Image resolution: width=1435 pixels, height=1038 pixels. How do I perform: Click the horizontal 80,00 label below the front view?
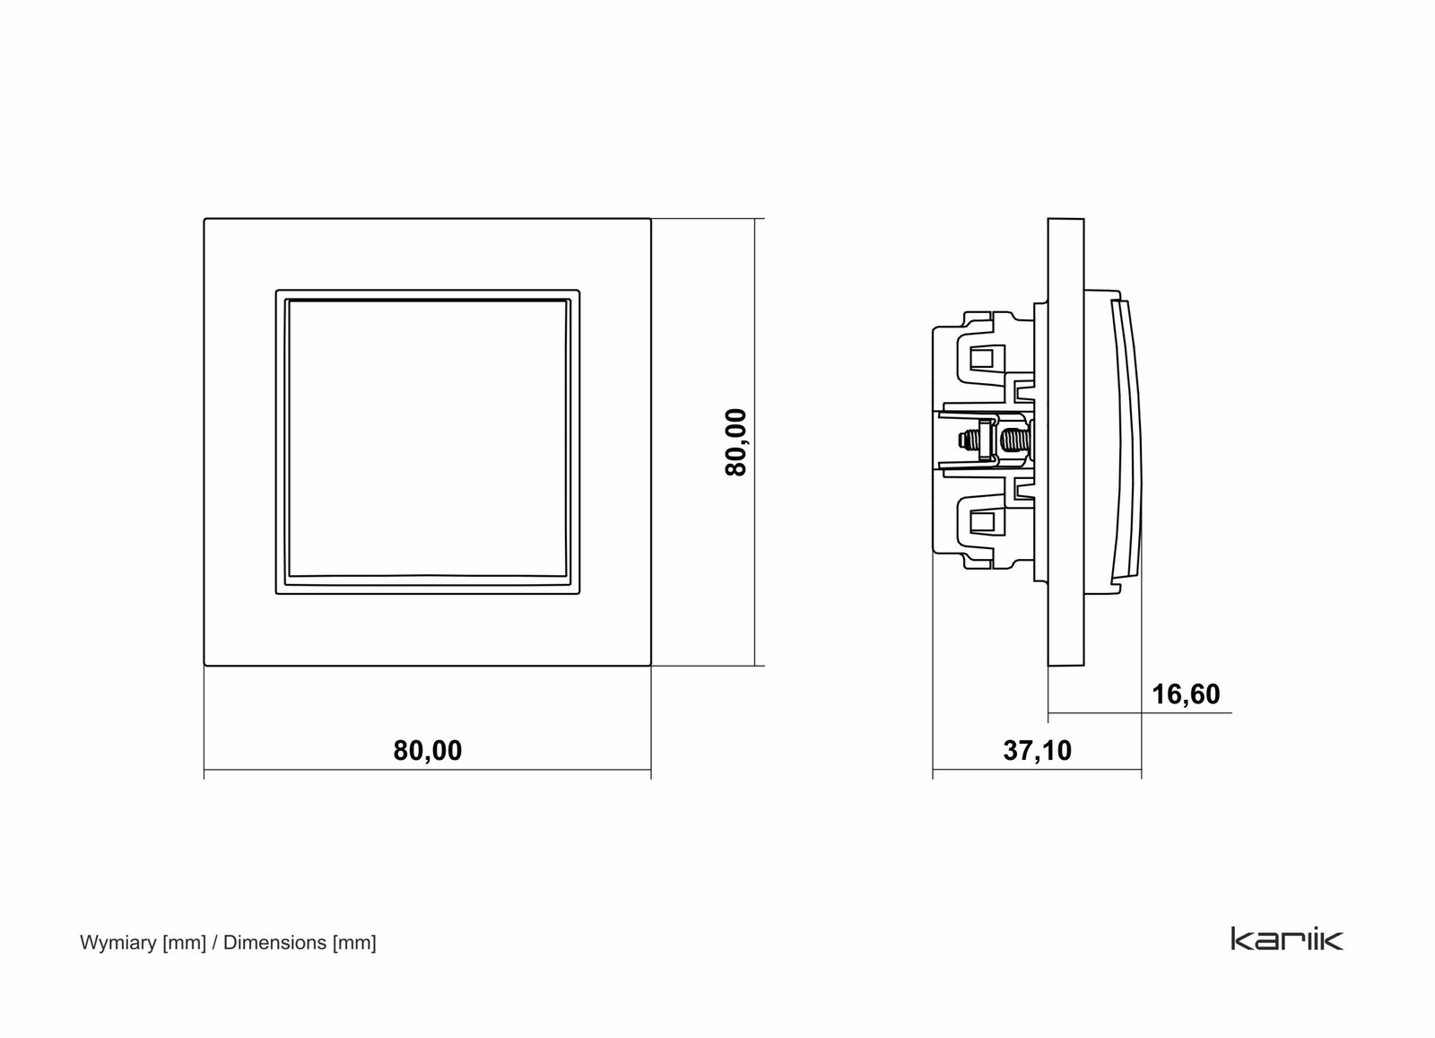pos(427,750)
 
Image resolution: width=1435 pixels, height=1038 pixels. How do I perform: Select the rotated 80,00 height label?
pos(736,442)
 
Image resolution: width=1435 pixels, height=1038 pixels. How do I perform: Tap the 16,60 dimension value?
pos(1186,694)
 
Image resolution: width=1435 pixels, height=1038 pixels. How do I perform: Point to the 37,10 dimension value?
pos(1037,750)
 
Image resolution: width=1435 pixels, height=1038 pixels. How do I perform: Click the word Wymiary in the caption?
pos(117,943)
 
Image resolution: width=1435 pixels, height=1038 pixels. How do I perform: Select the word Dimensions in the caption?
pos(274,943)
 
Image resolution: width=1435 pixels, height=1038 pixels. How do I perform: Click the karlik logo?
pos(1287,938)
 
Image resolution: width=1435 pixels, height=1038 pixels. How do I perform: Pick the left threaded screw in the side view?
pos(969,440)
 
